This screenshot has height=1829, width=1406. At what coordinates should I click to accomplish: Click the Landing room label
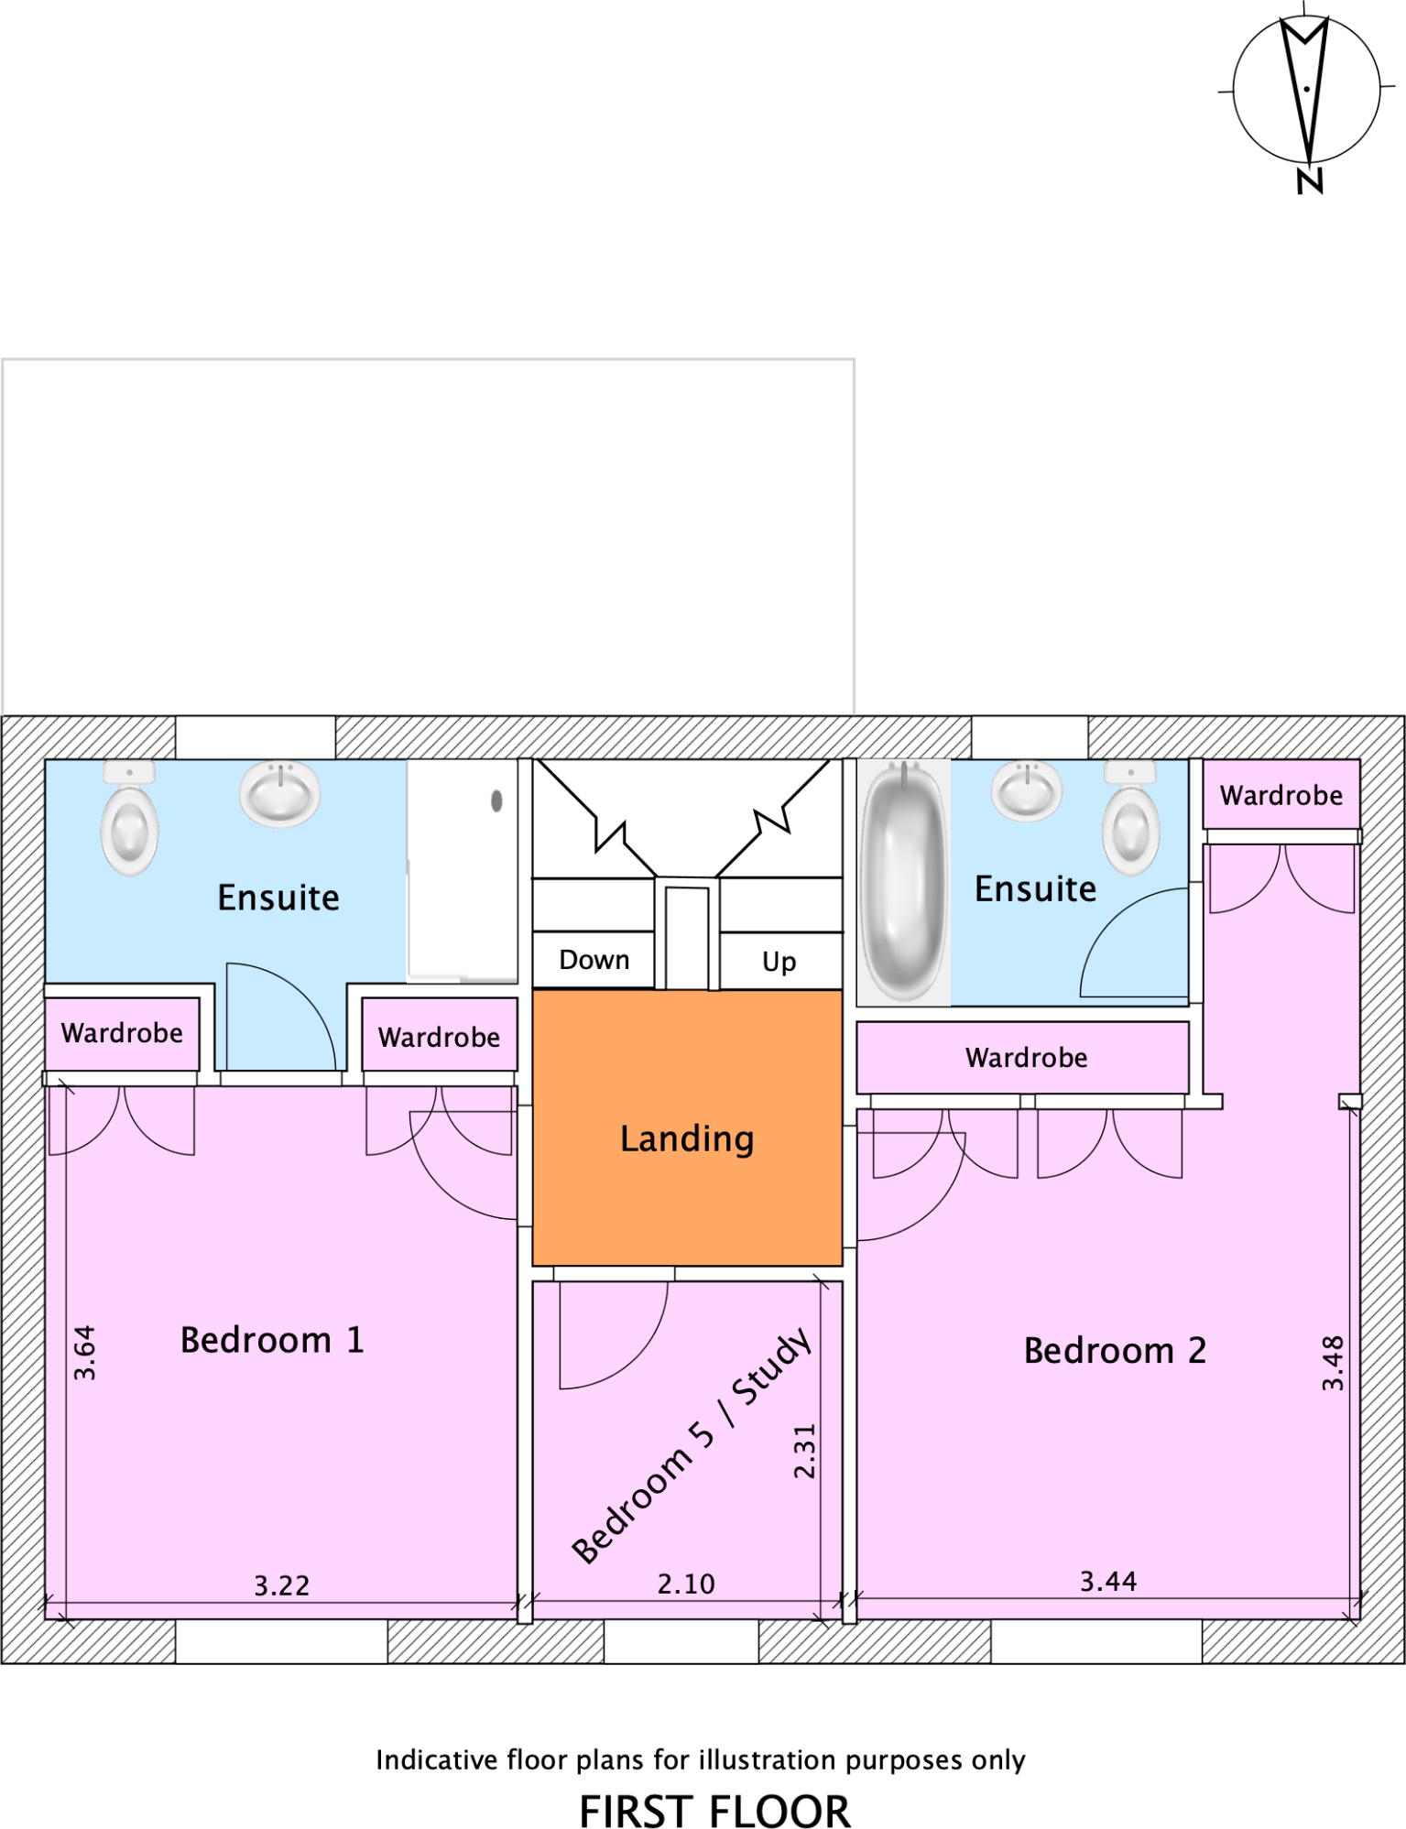(687, 1138)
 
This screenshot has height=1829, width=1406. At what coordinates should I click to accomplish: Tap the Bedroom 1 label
(272, 1340)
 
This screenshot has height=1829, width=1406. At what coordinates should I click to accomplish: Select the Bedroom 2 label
(1115, 1351)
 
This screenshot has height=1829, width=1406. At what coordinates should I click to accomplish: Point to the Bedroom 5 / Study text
(692, 1444)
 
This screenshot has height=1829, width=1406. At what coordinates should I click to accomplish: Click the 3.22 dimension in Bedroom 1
(282, 1585)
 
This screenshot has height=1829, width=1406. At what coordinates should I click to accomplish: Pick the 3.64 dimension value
(84, 1353)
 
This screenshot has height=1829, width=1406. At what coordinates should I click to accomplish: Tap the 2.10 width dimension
(686, 1584)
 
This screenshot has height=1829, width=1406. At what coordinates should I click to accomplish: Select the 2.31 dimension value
(804, 1452)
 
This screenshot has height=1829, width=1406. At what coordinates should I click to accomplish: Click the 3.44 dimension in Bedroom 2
(1108, 1581)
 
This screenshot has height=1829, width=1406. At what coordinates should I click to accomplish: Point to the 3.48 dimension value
(1333, 1364)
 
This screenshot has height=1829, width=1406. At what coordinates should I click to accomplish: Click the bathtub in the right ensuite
(904, 881)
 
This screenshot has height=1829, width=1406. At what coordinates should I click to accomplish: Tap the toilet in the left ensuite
(129, 820)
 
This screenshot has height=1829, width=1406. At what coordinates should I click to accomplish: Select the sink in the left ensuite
(280, 793)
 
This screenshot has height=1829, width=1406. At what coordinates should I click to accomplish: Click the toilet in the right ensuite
(1131, 820)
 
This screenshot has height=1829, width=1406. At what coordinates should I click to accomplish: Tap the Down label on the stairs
(594, 960)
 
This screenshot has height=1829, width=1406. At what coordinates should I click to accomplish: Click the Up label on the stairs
(779, 962)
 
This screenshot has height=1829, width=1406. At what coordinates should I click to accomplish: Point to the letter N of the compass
(1310, 180)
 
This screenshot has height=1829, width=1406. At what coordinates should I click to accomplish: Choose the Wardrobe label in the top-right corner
(1281, 795)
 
